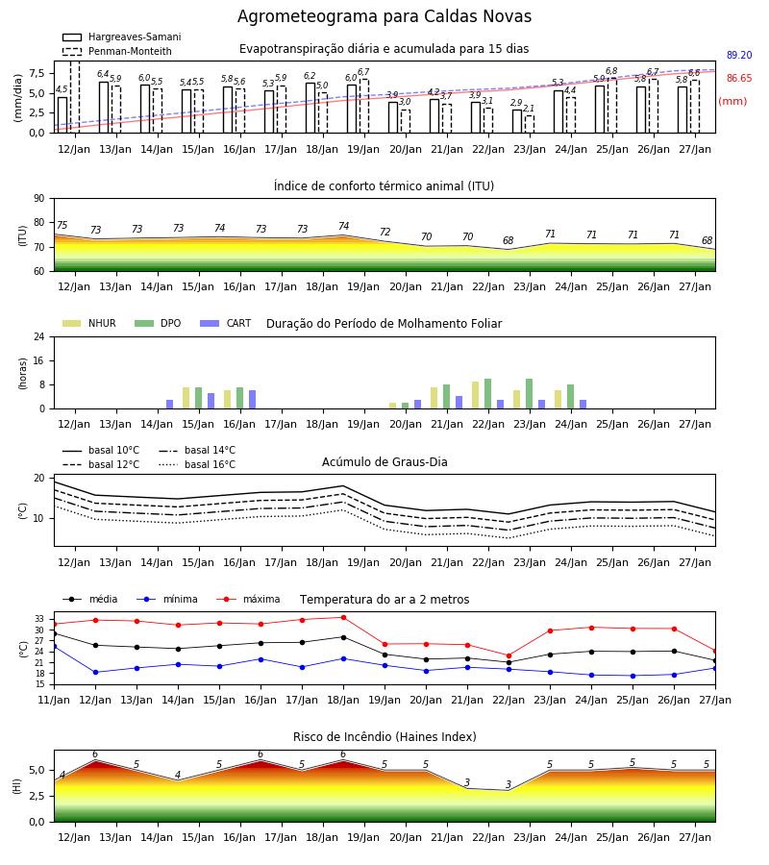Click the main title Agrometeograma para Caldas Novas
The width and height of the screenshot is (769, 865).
click(384, 16)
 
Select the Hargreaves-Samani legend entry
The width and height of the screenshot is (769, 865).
click(121, 37)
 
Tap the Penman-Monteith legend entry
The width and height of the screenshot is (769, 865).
click(117, 51)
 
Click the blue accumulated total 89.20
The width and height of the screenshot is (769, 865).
click(739, 55)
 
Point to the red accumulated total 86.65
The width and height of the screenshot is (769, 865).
click(739, 79)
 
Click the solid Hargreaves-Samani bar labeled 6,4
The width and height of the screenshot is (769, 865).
click(104, 108)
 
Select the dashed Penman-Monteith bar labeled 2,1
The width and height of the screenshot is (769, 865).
click(530, 124)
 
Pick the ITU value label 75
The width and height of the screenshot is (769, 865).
click(62, 225)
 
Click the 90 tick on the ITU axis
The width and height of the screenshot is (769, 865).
click(39, 199)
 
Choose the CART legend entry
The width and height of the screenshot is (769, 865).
click(225, 323)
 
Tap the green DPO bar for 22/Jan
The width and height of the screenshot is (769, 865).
click(487, 394)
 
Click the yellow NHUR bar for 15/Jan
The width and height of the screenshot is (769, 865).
click(186, 398)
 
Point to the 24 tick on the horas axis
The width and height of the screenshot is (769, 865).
click(39, 336)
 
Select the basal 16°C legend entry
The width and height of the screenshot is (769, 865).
click(197, 464)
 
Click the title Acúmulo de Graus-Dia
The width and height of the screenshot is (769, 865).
click(384, 461)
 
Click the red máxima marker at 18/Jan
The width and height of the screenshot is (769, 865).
click(344, 617)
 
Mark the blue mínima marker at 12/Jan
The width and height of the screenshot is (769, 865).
click(95, 672)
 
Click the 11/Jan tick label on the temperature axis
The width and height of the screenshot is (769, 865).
click(54, 700)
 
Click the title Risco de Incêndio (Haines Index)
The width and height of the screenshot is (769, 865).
click(384, 737)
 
